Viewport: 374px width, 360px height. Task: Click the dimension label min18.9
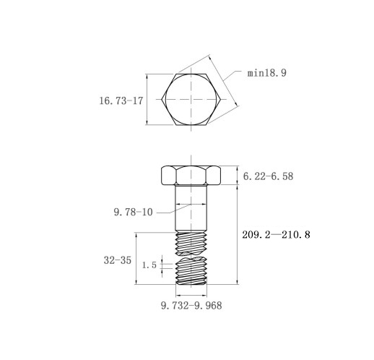click(267, 73)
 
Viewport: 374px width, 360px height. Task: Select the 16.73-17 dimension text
click(121, 100)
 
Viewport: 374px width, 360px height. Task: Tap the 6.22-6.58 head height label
click(268, 176)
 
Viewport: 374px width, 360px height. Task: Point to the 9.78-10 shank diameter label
click(133, 212)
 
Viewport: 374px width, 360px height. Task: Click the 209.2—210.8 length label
click(276, 235)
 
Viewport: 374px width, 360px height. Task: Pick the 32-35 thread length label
click(118, 260)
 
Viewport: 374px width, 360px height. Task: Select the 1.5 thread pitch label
click(149, 265)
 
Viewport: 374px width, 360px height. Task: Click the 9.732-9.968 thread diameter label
click(191, 306)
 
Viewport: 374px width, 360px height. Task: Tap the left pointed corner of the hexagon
click(162, 99)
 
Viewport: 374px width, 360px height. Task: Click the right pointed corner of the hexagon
click(221, 99)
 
